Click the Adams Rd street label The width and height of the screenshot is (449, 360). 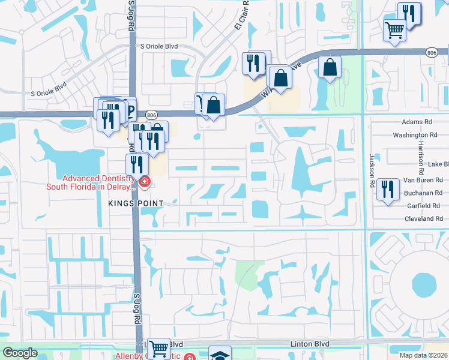click(x=421, y=121)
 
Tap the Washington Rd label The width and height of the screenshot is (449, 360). click(x=413, y=136)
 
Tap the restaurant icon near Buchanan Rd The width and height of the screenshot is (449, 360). click(x=388, y=189)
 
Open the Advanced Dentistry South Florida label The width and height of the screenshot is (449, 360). click(x=92, y=182)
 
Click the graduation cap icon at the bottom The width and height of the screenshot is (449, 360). click(x=220, y=355)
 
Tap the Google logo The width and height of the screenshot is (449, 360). click(x=20, y=353)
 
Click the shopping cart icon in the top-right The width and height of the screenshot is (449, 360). click(x=395, y=29)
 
